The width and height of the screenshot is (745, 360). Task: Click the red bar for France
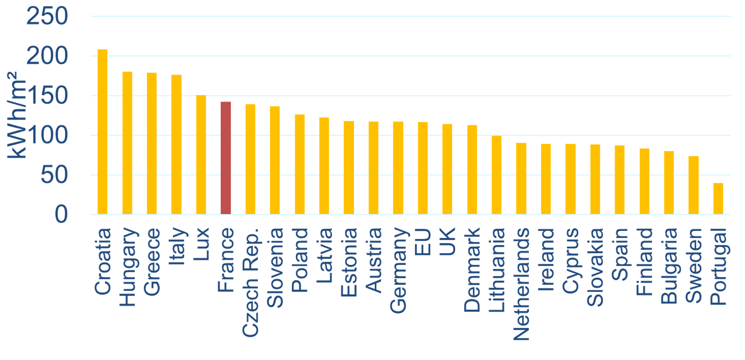[x=226, y=158]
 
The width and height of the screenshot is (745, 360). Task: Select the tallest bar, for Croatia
[x=102, y=132]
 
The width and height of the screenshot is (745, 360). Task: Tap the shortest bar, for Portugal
[x=718, y=198]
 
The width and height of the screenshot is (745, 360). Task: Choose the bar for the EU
[x=423, y=168]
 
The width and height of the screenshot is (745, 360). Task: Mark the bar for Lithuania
[x=497, y=175]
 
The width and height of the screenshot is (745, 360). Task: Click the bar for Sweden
[x=693, y=185]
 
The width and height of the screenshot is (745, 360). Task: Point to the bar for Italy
[x=177, y=144]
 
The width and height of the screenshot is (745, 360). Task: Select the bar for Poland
[x=300, y=164]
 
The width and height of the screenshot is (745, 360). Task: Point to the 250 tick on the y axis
[x=47, y=16]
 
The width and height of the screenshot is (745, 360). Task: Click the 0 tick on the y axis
[x=61, y=214]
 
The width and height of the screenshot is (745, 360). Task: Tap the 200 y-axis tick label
[x=47, y=56]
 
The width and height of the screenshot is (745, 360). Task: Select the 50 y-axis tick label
[x=54, y=175]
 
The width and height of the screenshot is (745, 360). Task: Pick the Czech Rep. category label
[x=251, y=282]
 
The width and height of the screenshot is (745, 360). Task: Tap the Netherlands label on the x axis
[x=521, y=284]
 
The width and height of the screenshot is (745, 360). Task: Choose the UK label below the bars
[x=447, y=242]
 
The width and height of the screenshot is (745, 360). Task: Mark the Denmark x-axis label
[x=472, y=270]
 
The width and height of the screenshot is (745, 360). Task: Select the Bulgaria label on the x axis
[x=669, y=266]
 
